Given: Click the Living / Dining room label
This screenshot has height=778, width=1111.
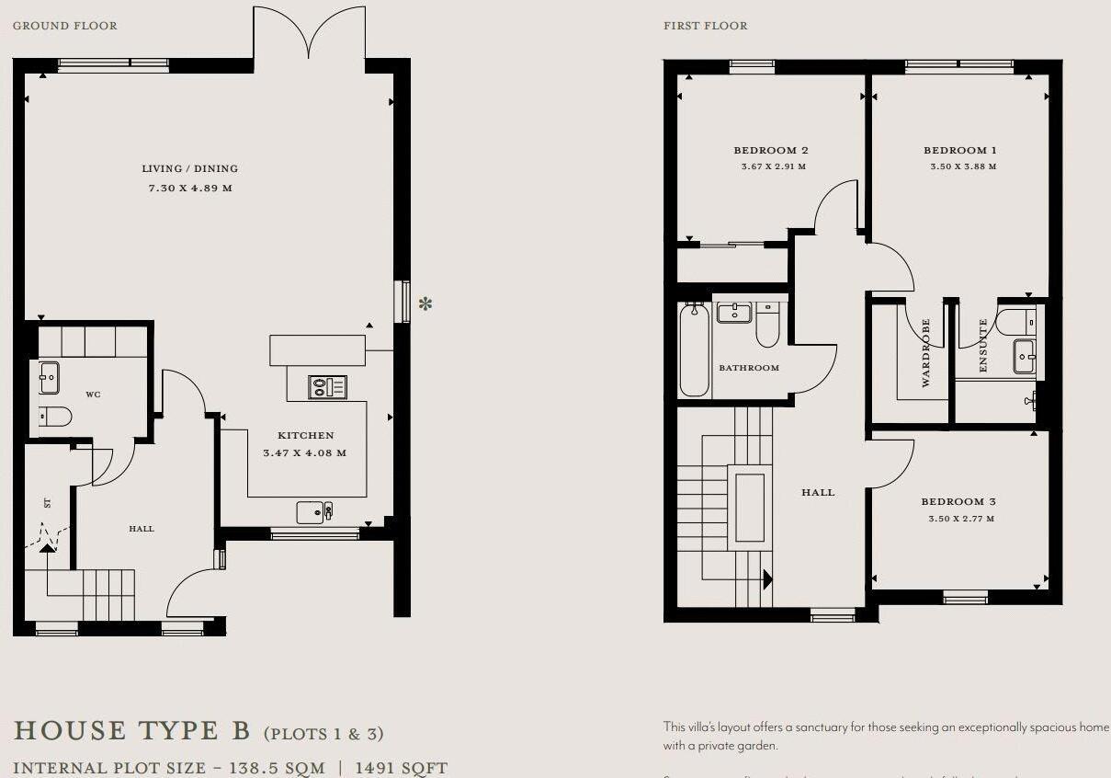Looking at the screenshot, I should [189, 168].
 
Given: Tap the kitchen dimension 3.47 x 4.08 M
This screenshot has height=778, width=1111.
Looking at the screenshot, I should [304, 453].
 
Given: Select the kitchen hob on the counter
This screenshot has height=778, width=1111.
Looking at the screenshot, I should [328, 387].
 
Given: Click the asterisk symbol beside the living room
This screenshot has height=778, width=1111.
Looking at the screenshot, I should [425, 303].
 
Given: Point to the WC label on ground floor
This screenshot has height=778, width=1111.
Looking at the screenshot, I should [93, 395].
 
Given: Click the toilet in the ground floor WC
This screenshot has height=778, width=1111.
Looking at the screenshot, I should [55, 418].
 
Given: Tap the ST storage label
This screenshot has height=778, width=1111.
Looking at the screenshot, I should [46, 503].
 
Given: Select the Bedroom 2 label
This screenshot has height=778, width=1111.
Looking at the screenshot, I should [770, 150].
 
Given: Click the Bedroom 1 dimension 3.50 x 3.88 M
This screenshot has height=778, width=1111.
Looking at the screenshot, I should [963, 166].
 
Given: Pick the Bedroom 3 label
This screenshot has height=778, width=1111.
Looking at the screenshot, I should [958, 502].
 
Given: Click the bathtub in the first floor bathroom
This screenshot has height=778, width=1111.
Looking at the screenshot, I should [694, 350].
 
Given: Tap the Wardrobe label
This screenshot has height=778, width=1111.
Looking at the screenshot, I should [926, 352].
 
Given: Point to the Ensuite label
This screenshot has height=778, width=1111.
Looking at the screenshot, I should [982, 346].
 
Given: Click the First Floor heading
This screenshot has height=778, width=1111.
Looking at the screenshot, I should [706, 26].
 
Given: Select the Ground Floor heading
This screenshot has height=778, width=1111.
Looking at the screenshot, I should [64, 26].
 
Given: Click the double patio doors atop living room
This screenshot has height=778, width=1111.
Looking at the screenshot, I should [309, 35].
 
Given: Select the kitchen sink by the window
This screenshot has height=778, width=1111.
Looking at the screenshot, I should [315, 512].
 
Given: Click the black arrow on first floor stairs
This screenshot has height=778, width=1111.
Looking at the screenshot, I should [766, 579].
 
